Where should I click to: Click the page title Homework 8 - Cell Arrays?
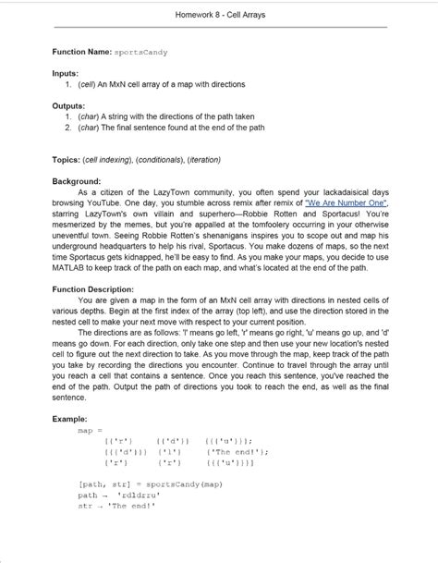coord(219,14)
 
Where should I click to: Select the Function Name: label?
coord(81,54)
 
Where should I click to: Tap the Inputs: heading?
coord(65,73)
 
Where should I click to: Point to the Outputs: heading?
coord(68,106)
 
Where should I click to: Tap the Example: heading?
coord(69,418)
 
